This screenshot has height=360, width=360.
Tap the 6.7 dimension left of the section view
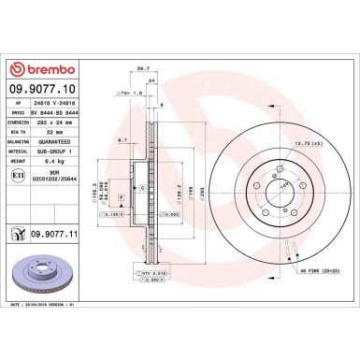tap(122, 140)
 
